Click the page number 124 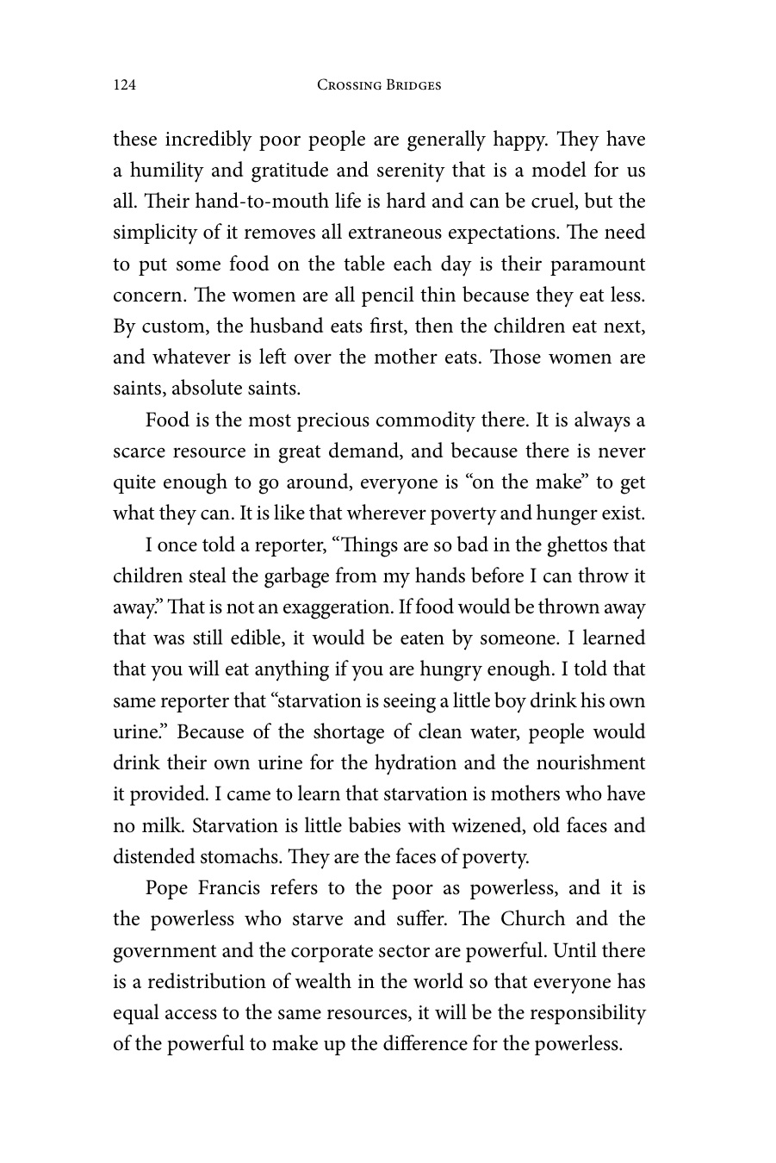tap(125, 84)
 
